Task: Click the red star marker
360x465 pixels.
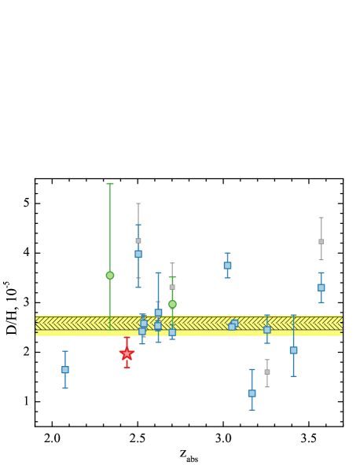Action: pyautogui.click(x=127, y=353)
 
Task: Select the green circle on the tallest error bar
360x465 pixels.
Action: pyautogui.click(x=110, y=275)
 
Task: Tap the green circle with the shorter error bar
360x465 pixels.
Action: pyautogui.click(x=172, y=304)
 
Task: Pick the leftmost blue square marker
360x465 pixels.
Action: pyautogui.click(x=65, y=369)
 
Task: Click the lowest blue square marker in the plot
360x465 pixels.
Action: pyautogui.click(x=252, y=393)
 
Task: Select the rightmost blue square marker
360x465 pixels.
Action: pyautogui.click(x=321, y=287)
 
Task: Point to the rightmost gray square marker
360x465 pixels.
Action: pyautogui.click(x=321, y=241)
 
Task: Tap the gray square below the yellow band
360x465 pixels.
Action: pyautogui.click(x=266, y=372)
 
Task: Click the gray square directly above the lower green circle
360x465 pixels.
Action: pyautogui.click(x=172, y=287)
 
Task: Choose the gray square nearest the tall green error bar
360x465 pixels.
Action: pyautogui.click(x=138, y=240)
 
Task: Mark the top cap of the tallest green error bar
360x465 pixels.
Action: pyautogui.click(x=110, y=184)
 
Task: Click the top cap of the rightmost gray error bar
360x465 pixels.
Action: pyautogui.click(x=321, y=218)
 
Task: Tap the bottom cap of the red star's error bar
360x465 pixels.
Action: pyautogui.click(x=127, y=368)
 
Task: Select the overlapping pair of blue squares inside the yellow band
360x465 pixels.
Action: pyautogui.click(x=233, y=325)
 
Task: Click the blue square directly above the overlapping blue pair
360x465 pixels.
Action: pyautogui.click(x=227, y=265)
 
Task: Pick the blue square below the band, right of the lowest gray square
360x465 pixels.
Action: pyautogui.click(x=293, y=350)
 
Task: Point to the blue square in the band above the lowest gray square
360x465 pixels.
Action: pyautogui.click(x=267, y=330)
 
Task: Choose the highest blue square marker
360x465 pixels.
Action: pyautogui.click(x=138, y=254)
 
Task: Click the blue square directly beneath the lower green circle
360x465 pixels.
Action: pyautogui.click(x=172, y=332)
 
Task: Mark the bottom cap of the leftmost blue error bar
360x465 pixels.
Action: pyautogui.click(x=65, y=388)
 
